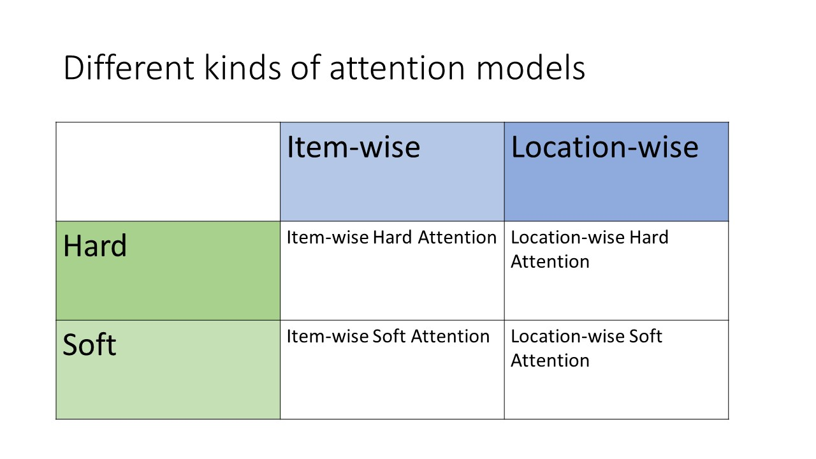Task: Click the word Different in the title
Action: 129,68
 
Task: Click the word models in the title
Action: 530,68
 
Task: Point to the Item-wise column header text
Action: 353,147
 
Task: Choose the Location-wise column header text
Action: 605,147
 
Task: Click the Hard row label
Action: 95,245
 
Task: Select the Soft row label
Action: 89,344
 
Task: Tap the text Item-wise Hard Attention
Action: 391,238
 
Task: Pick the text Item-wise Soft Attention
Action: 388,336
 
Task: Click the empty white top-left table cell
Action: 168,171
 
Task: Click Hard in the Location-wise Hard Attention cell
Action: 649,238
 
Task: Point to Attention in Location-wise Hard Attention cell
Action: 550,261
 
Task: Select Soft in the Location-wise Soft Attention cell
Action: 645,336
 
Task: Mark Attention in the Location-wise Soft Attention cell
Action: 550,360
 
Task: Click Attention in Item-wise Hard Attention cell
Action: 457,238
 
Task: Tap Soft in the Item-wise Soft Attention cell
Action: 389,336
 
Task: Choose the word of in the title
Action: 305,68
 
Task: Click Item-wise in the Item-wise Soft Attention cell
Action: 328,336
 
